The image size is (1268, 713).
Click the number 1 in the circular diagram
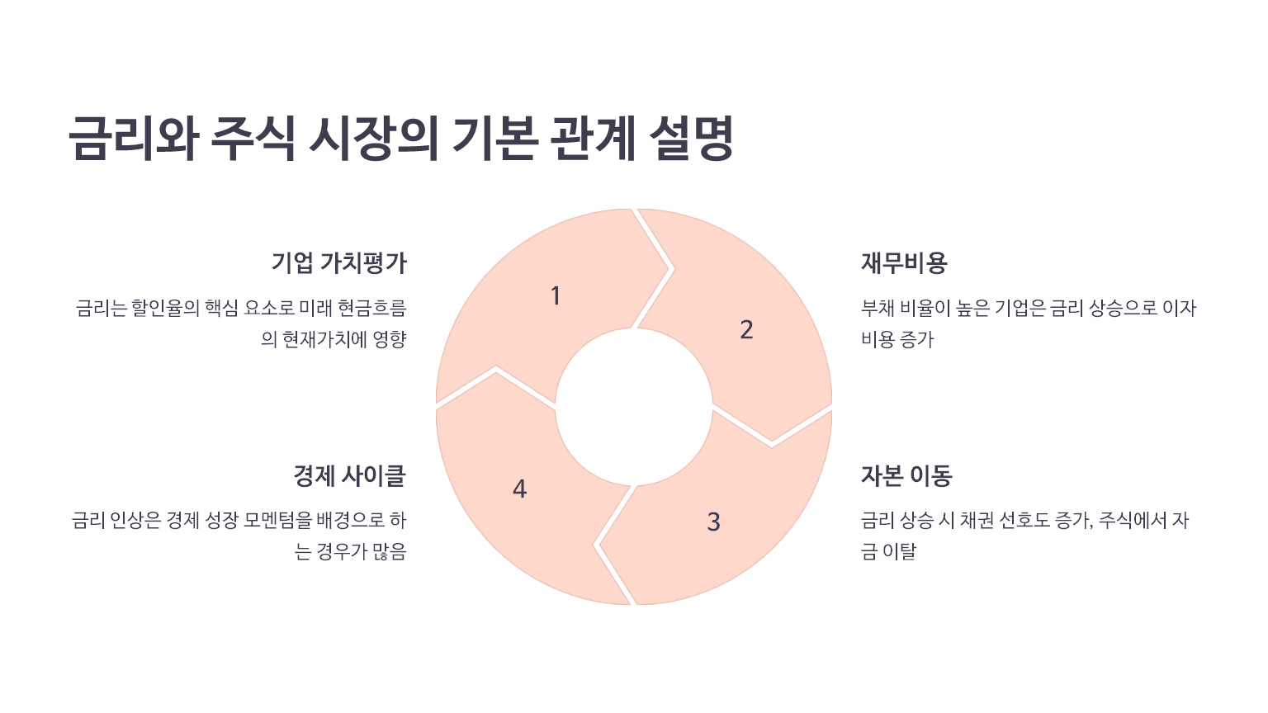click(556, 295)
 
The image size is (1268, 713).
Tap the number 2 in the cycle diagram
click(746, 330)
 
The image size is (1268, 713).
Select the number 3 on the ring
click(714, 522)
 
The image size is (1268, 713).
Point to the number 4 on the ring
click(519, 489)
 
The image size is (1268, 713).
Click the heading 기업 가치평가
click(338, 263)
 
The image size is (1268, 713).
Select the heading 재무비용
click(904, 263)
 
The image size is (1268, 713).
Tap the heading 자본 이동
click(906, 475)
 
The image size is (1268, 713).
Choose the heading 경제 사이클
click(349, 475)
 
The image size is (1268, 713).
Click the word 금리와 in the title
click(134, 138)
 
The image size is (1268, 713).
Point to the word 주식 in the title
click(253, 138)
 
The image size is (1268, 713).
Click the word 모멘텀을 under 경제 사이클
click(278, 521)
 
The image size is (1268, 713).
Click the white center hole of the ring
click(633, 407)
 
